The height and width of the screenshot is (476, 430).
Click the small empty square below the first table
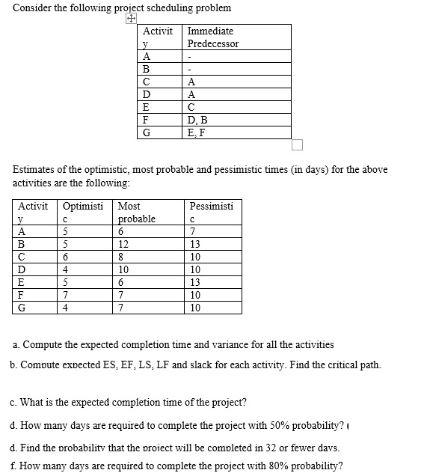point(298,144)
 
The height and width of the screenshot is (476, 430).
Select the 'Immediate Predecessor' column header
point(212,37)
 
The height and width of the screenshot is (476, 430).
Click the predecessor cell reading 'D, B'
point(198,120)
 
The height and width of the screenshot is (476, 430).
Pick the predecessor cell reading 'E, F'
point(197,132)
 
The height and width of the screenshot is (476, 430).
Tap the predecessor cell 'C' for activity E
point(192,107)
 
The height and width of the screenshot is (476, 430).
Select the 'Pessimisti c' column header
point(211,212)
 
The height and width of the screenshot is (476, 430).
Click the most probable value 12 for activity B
point(123,244)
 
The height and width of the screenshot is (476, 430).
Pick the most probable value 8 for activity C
point(121,257)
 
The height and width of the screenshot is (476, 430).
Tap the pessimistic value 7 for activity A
point(193,231)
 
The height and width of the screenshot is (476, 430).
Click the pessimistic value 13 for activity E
point(195,282)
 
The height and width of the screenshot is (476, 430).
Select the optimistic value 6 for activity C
point(66,257)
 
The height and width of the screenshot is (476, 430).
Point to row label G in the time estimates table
point(22,308)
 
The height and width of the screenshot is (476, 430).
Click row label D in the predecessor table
point(147,94)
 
